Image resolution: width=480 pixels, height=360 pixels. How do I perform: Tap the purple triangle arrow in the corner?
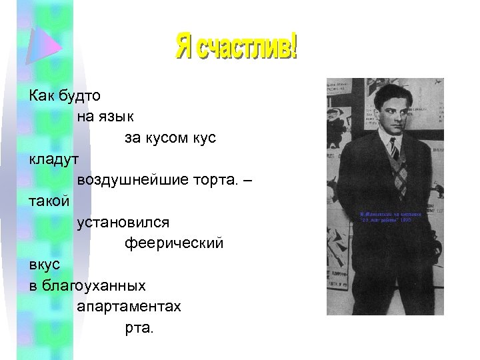[x=41, y=45]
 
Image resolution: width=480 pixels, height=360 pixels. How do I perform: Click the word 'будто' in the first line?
[x=79, y=96]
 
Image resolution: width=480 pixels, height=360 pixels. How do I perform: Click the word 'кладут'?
[x=54, y=159]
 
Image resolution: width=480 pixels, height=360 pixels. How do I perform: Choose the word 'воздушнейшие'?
[x=132, y=181]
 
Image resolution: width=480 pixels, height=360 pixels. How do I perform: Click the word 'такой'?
[x=49, y=201]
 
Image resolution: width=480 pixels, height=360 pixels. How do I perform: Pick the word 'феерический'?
[x=174, y=244]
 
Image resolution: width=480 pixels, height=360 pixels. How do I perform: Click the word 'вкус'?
[x=45, y=265]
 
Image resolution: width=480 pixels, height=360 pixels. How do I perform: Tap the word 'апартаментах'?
[x=129, y=307]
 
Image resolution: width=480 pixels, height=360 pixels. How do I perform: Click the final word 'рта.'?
[x=139, y=329]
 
